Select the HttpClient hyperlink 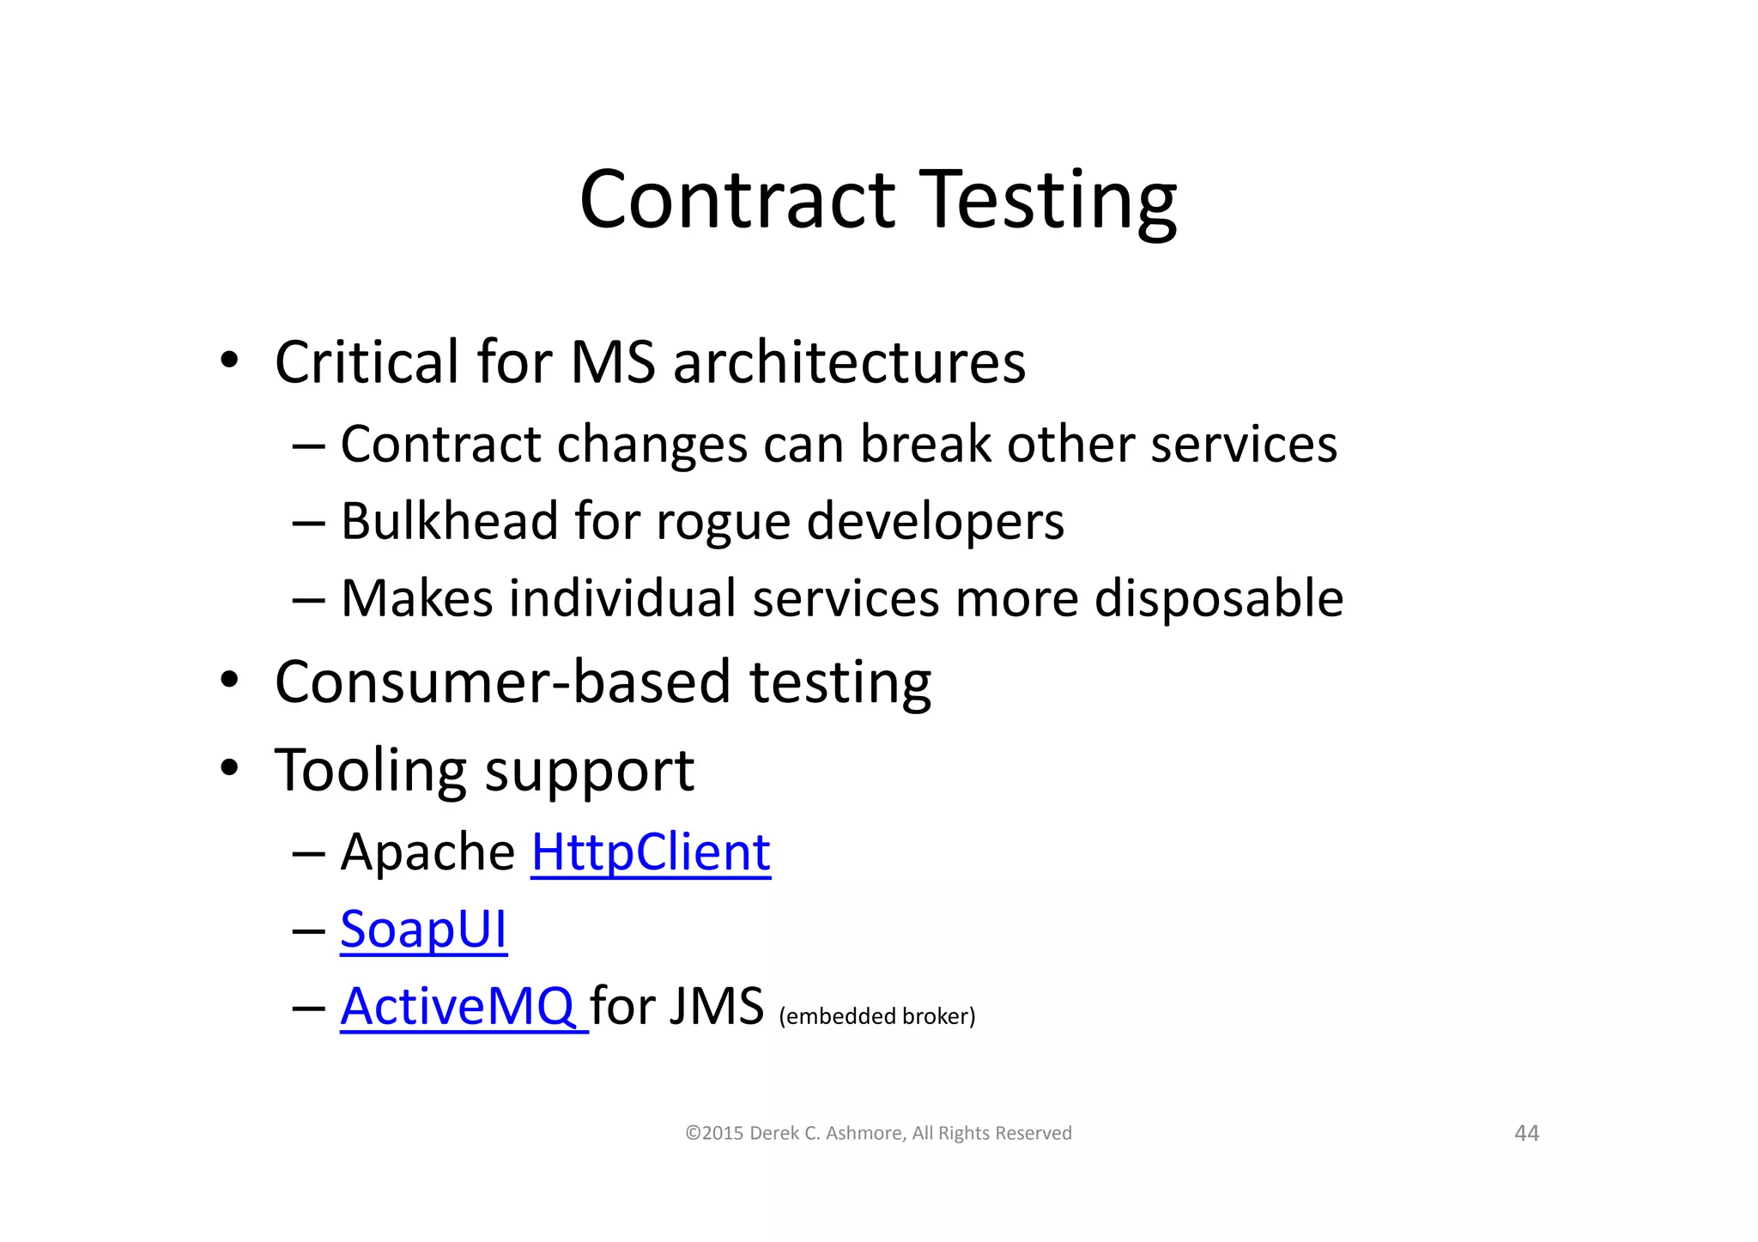pos(651,852)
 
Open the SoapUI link pos(423,930)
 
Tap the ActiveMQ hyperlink pos(458,1006)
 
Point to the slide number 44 pos(1526,1133)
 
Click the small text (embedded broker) pos(876,1016)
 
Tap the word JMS pos(716,1006)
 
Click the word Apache pos(427,852)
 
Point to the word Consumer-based pos(503,682)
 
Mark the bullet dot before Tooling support pos(228,767)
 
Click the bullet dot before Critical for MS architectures pos(228,360)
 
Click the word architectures pos(849,362)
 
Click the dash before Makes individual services pos(308,599)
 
